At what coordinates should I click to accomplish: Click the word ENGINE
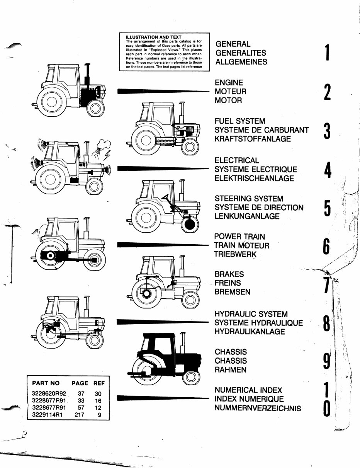(x=229, y=83)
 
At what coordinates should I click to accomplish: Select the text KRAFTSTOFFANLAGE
(x=253, y=139)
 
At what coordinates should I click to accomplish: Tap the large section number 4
(x=327, y=170)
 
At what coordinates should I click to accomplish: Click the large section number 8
(x=327, y=324)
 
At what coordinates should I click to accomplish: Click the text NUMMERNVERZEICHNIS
(x=258, y=408)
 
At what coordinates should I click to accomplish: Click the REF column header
(x=99, y=383)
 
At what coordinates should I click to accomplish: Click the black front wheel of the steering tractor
(x=190, y=225)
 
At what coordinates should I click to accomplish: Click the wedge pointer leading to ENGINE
(x=162, y=91)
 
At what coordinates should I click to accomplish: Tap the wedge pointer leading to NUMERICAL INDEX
(x=162, y=398)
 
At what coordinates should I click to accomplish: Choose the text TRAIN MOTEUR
(x=241, y=245)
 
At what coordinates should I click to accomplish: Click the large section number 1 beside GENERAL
(x=327, y=53)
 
